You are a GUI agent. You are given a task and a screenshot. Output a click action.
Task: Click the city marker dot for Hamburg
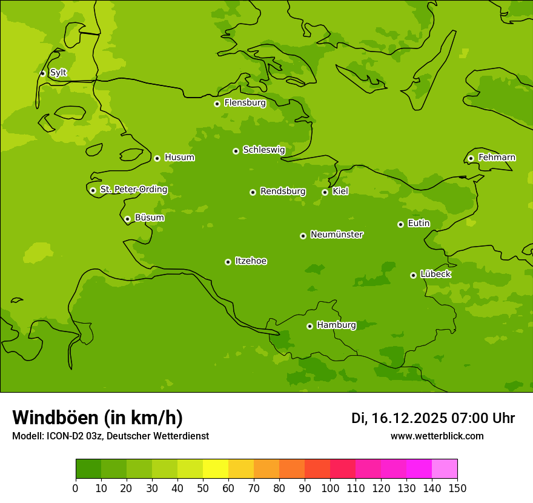(310, 326)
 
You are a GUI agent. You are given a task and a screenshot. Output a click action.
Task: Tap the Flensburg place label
(245, 103)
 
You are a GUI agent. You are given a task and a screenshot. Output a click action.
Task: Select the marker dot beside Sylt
(42, 73)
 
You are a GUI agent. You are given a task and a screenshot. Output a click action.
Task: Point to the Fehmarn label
(497, 158)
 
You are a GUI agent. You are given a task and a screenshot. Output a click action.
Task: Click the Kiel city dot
(325, 192)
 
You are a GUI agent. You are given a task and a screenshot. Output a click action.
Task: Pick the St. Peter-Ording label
(133, 190)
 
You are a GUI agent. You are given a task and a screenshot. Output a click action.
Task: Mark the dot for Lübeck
(413, 275)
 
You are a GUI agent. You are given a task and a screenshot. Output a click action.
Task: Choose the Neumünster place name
(337, 235)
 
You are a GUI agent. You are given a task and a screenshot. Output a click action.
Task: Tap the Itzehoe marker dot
(228, 262)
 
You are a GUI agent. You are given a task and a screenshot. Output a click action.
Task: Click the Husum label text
(179, 158)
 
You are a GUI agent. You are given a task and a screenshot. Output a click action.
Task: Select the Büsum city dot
(127, 219)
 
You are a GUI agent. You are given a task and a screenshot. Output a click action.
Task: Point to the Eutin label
(419, 224)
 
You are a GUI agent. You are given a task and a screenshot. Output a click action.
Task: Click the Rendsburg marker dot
(253, 192)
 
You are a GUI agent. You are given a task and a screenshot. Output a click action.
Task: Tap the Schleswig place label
(263, 150)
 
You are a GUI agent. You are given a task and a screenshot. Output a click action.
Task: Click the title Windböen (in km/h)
(98, 418)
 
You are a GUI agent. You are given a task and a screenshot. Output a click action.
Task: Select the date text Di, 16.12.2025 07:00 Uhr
(433, 418)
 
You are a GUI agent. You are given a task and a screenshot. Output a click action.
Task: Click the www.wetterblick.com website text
(437, 436)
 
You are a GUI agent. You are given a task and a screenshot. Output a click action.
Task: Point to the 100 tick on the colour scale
(330, 488)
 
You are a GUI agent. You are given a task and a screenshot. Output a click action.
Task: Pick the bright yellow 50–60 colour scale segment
(216, 469)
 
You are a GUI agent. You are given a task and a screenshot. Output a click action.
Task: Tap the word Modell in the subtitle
(27, 436)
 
